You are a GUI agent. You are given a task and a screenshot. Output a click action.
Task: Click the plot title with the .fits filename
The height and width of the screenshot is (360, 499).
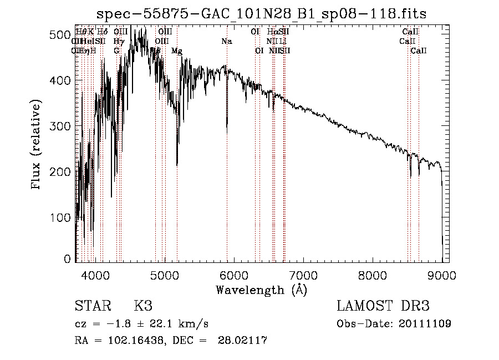click(262, 14)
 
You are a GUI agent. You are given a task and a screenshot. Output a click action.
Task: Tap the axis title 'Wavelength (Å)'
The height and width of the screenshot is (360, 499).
click(261, 290)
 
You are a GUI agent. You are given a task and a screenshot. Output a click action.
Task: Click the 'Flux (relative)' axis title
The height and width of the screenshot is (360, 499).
click(37, 146)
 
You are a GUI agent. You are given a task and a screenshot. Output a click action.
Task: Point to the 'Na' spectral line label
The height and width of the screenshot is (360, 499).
click(226, 42)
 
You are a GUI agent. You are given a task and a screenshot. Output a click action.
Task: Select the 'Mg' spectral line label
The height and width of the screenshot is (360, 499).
click(176, 51)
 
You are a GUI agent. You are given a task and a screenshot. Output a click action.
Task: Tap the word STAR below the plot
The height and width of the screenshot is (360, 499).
click(93, 306)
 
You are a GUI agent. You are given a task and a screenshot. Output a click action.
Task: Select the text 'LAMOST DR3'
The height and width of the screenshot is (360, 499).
click(383, 306)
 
